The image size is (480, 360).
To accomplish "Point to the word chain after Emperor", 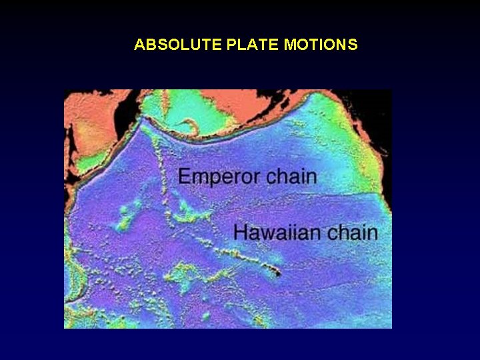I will tap(291, 177).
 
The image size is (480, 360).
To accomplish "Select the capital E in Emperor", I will tap(185, 177).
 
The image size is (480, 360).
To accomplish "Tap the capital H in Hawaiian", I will tap(241, 233).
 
